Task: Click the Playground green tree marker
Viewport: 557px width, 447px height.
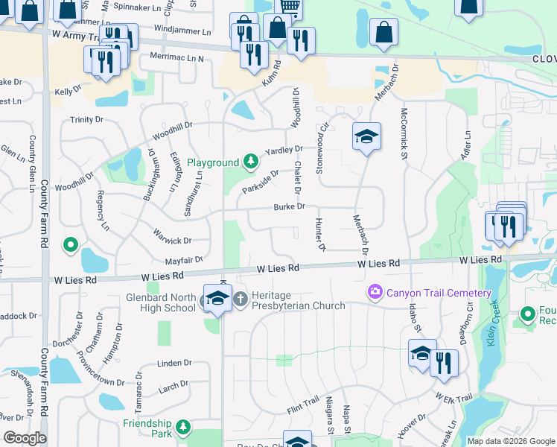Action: point(252,162)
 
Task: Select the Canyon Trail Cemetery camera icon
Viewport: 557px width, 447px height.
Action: point(375,292)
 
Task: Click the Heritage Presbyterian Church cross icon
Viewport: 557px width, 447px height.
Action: point(241,299)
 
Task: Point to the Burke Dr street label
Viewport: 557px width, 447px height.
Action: point(289,206)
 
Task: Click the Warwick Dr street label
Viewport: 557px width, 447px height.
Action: point(173,241)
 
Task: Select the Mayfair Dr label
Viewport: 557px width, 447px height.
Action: point(185,261)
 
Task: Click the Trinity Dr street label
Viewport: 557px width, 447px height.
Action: point(86,119)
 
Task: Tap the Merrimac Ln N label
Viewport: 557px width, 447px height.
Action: point(176,57)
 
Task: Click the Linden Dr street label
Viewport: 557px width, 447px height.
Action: point(174,364)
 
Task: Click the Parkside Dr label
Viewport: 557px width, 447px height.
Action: point(261,179)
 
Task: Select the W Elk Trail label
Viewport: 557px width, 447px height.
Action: point(453,398)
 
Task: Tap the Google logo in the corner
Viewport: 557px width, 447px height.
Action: point(25,437)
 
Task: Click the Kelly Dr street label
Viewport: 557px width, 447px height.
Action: point(67,91)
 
